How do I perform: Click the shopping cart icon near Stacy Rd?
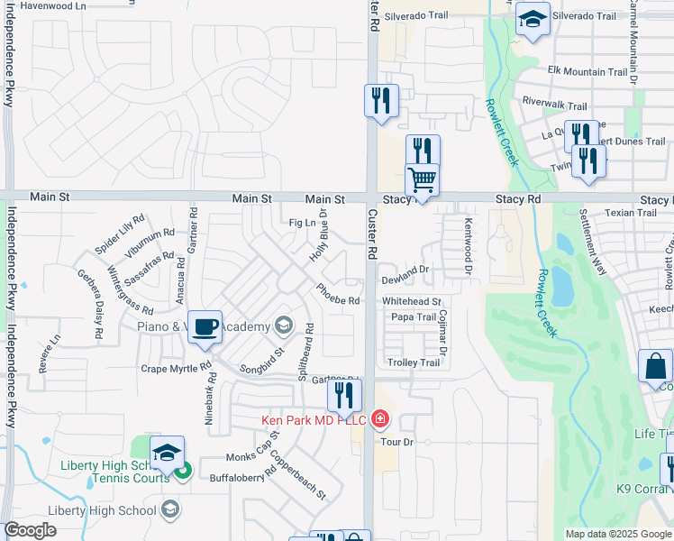tap(422, 179)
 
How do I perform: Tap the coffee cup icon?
tap(205, 326)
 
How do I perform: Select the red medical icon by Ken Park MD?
tap(379, 419)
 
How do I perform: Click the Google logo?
tap(31, 530)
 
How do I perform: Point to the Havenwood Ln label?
tap(53, 5)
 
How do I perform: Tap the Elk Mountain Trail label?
tap(587, 72)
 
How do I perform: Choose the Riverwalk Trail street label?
tap(554, 105)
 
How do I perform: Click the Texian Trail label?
tap(631, 213)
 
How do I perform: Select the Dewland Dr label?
tap(408, 269)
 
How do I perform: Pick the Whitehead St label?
tap(412, 301)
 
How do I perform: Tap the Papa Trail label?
tap(414, 317)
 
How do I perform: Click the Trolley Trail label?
tap(413, 362)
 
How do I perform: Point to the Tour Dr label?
tap(396, 442)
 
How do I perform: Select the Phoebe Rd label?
tap(338, 295)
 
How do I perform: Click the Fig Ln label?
tap(302, 223)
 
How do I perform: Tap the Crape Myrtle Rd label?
tap(175, 369)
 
